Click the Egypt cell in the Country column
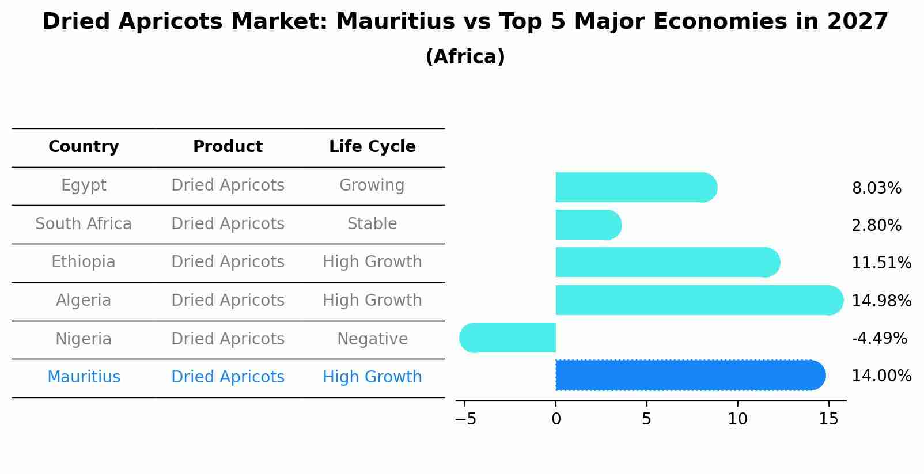click(x=84, y=185)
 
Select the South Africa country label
click(x=84, y=224)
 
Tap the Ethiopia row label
click(x=84, y=262)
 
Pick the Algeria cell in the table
click(x=84, y=301)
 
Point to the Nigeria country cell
click(x=84, y=339)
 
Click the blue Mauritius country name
click(x=84, y=377)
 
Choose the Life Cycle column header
click(x=372, y=147)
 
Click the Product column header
click(x=228, y=147)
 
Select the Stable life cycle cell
click(x=372, y=224)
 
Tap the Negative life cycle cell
click(x=372, y=339)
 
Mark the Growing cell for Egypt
click(x=372, y=185)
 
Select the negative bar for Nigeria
click(x=508, y=338)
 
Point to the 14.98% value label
click(x=881, y=301)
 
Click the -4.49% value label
click(x=879, y=339)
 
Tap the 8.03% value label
click(x=876, y=188)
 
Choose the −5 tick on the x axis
click(x=465, y=419)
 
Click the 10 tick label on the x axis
click(x=737, y=419)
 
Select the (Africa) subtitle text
click(x=465, y=57)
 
